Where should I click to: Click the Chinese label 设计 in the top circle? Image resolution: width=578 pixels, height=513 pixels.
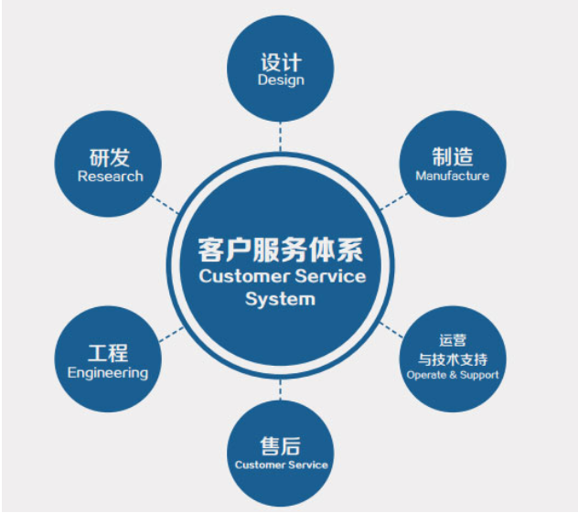(x=281, y=63)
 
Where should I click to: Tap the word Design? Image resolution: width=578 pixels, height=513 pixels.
(x=281, y=80)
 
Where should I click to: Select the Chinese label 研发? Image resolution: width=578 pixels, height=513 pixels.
(x=110, y=157)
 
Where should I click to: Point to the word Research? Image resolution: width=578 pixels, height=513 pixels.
(x=110, y=176)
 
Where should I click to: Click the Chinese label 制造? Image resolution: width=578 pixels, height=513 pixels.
(x=452, y=156)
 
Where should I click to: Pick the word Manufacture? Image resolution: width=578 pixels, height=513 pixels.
(x=452, y=176)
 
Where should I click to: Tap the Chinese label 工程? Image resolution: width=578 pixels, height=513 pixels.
(x=107, y=353)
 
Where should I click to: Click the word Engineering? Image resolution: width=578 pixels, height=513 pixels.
(x=107, y=372)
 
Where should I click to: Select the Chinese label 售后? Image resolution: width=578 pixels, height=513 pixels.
(x=280, y=446)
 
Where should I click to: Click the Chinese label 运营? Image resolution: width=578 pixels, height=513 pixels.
(x=452, y=340)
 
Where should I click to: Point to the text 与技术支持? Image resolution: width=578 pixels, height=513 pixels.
(x=452, y=358)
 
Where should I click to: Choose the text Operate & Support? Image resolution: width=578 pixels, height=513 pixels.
(x=452, y=375)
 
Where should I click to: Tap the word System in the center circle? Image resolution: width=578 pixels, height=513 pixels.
(x=280, y=299)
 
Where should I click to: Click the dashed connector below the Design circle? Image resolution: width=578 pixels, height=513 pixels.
(x=281, y=137)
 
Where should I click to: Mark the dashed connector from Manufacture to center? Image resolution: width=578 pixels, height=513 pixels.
(x=394, y=199)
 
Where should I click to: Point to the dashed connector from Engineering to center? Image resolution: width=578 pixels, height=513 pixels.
(x=170, y=335)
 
